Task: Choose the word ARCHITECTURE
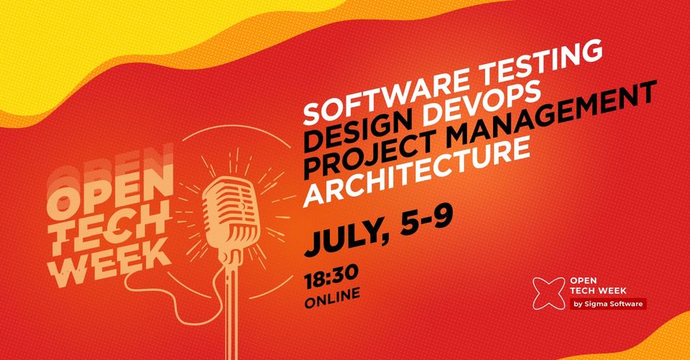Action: point(416,173)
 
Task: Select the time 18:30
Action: point(331,277)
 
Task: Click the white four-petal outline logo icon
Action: point(548,294)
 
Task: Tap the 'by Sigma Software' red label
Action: point(608,304)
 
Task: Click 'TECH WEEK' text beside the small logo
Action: point(598,290)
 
